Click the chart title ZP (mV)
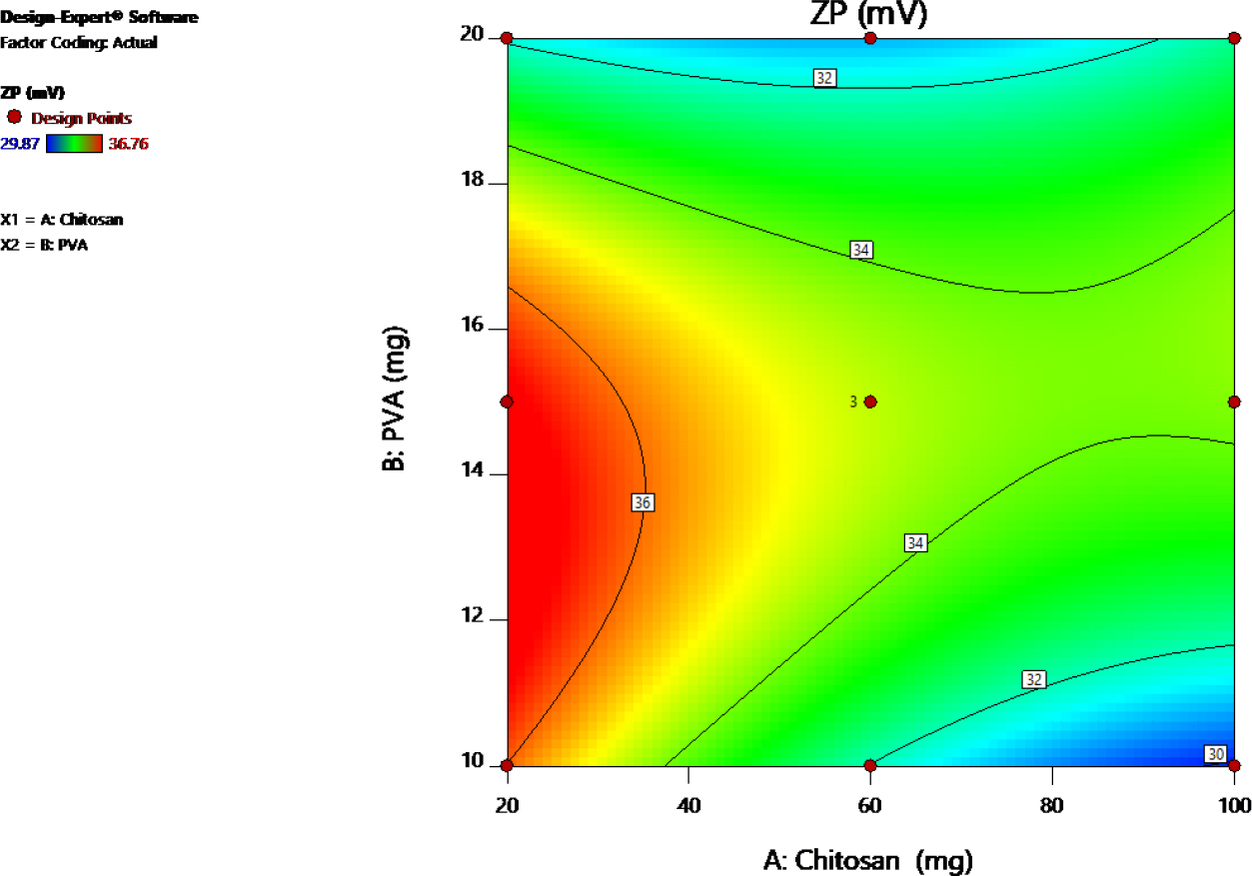870,14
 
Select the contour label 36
642,503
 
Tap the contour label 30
1215,753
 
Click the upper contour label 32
824,78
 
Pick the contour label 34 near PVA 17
861,250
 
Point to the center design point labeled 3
870,402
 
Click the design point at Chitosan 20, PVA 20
507,38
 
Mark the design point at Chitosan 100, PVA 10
1234,766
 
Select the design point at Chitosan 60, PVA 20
870,38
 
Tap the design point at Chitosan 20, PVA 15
507,402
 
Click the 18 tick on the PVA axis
472,181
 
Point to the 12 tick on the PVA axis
472,617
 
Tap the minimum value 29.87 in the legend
21,144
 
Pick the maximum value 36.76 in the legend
127,144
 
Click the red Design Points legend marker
15,117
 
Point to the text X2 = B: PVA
44,245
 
